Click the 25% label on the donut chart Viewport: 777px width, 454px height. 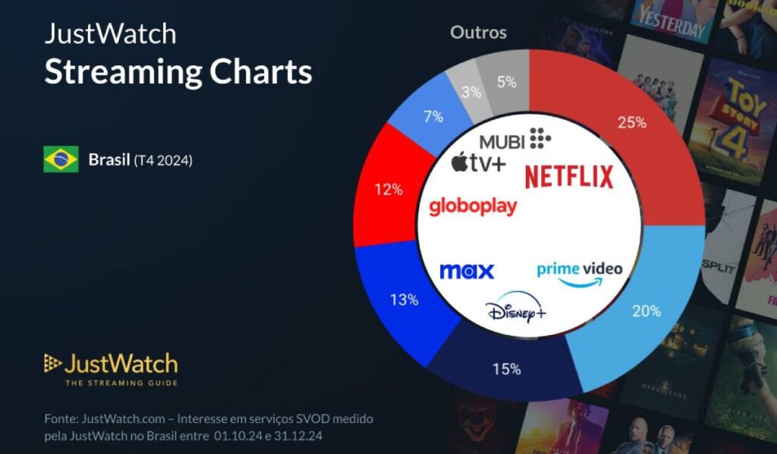pos(631,121)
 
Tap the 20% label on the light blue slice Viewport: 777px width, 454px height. pos(646,311)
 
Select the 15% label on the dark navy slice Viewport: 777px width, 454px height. pos(506,369)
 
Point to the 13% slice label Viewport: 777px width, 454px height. pos(404,299)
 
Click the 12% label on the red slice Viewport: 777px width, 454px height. pos(388,189)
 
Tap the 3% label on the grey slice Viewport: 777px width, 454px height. pos(471,92)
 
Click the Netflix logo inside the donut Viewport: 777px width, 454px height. pos(568,176)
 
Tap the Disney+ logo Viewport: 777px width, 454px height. pos(516,310)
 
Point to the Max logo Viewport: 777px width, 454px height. pos(467,271)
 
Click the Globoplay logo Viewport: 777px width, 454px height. pos(473,206)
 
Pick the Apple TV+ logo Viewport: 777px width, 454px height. pos(478,161)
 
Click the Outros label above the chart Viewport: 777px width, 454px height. pos(478,33)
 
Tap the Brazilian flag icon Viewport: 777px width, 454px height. pos(61,159)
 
